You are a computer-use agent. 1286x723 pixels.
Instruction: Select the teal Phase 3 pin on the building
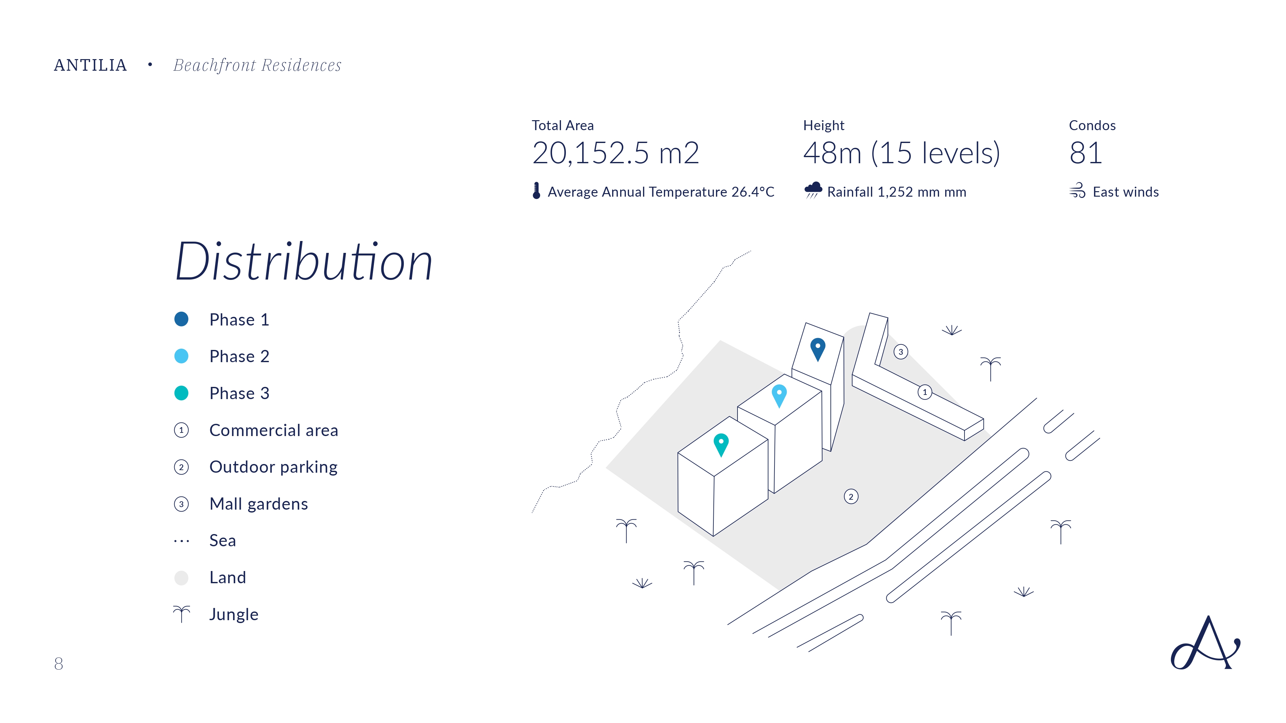coord(721,445)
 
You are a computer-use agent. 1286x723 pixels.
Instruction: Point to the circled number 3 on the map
coord(901,352)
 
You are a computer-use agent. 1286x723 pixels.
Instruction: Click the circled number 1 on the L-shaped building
coord(925,392)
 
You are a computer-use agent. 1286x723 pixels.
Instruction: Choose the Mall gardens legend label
coord(258,504)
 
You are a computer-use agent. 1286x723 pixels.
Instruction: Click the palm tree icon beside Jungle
coord(182,614)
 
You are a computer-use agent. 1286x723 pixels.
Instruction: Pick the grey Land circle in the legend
coord(181,578)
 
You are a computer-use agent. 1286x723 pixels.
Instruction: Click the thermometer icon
coord(536,191)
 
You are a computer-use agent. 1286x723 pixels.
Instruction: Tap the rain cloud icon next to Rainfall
coord(813,190)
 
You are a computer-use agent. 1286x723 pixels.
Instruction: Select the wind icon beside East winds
coord(1077,190)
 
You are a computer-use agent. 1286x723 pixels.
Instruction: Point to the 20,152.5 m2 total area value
coord(616,153)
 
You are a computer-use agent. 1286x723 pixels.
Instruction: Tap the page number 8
coord(59,663)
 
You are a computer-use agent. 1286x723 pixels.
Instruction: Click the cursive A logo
coord(1205,643)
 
